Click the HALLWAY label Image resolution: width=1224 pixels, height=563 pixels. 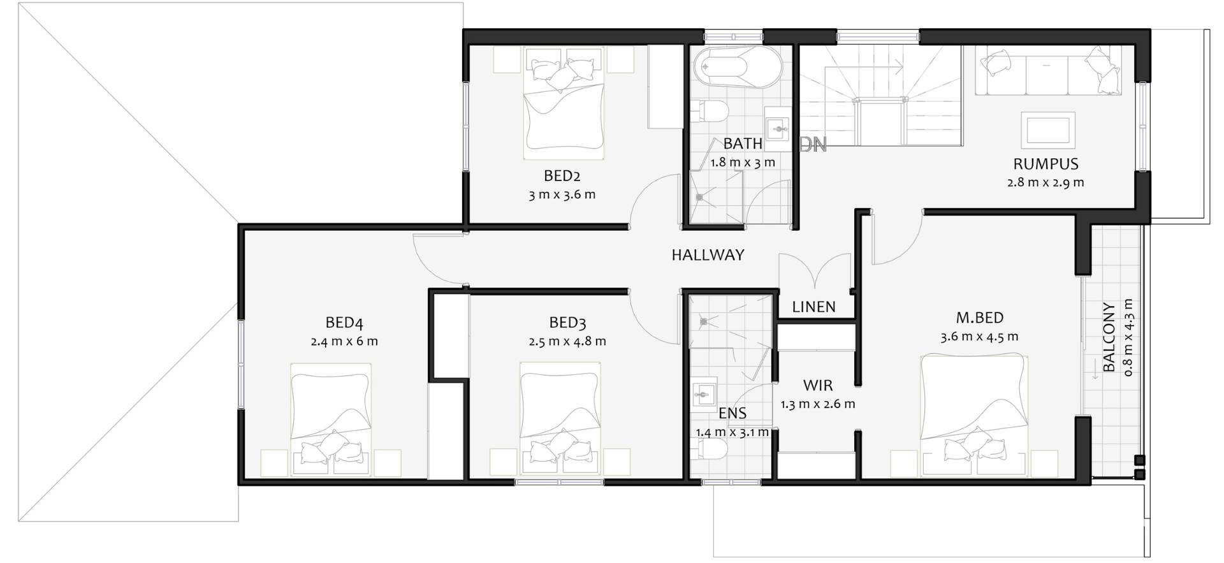[x=708, y=255]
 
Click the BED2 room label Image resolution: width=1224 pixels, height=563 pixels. [x=562, y=175]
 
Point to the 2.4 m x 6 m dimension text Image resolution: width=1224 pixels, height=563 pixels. [x=344, y=341]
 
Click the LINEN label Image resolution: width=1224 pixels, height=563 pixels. [x=813, y=307]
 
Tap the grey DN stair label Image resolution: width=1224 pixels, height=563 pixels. [x=813, y=145]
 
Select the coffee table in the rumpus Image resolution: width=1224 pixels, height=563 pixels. [x=1048, y=129]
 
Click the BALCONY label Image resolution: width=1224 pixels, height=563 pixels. [x=1110, y=337]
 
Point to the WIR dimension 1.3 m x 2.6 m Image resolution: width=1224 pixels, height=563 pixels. [x=818, y=404]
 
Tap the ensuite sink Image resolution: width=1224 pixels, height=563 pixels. [x=704, y=395]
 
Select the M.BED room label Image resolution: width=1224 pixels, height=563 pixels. [x=979, y=318]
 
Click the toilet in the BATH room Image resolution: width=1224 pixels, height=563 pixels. [x=710, y=111]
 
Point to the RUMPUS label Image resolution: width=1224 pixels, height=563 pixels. [x=1046, y=164]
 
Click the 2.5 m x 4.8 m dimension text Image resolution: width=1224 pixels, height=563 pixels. [x=567, y=341]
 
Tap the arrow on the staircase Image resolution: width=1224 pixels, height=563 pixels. [x=876, y=64]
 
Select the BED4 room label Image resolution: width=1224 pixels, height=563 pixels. [x=344, y=323]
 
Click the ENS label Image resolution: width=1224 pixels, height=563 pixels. [x=732, y=413]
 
